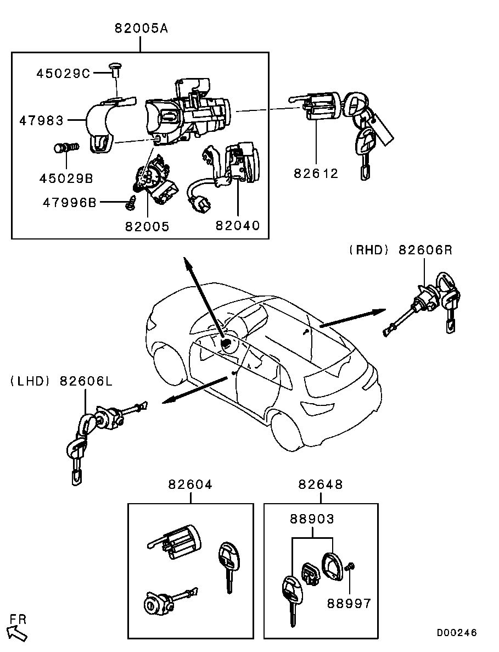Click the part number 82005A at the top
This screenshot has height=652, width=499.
141,28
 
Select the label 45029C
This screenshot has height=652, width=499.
63,74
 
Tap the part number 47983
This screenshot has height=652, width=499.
42,121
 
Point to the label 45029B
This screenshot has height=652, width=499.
66,179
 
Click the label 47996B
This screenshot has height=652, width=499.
69,203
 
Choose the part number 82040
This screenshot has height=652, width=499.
238,225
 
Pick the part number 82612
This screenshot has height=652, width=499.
316,173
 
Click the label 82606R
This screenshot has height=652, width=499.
425,250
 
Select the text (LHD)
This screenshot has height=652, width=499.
30,381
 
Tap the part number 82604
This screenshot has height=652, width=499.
190,484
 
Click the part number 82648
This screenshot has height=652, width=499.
321,484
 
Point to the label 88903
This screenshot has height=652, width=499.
312,519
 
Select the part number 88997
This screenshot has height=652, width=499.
349,603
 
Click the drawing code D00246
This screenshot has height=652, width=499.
457,633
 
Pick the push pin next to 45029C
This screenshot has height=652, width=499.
115,70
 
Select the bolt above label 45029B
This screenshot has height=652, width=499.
66,147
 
